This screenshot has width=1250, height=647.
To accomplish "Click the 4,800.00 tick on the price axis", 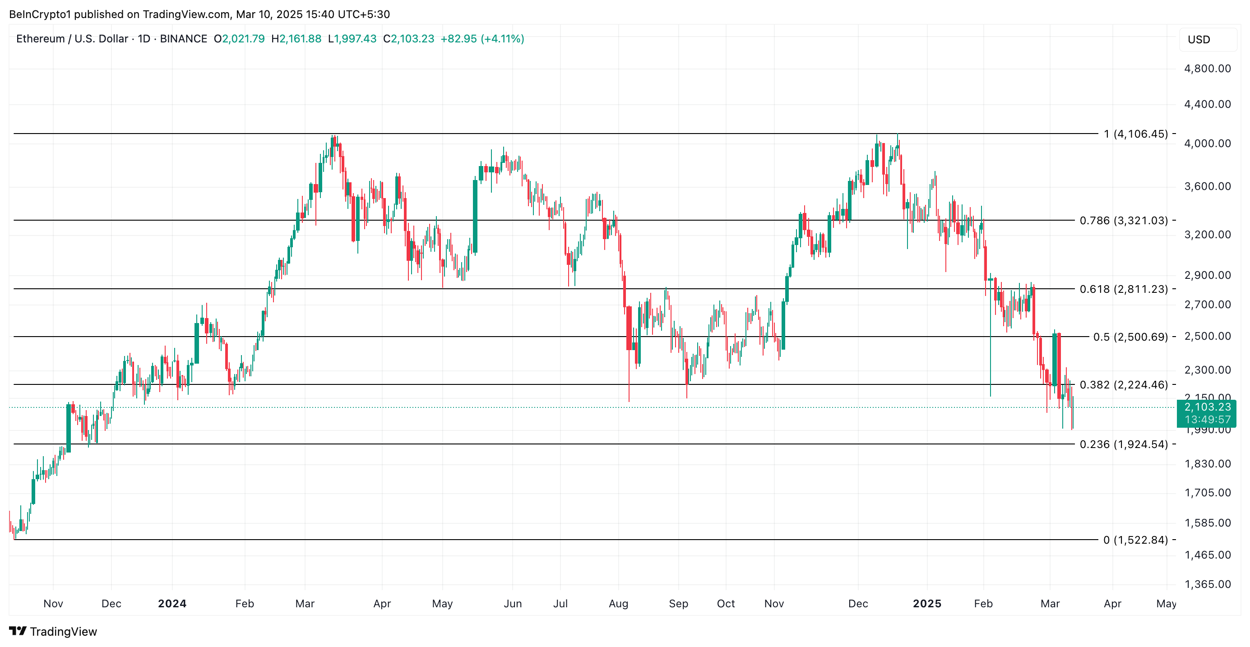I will click(x=1207, y=69).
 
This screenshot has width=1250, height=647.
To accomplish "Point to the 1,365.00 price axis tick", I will click(x=1207, y=584).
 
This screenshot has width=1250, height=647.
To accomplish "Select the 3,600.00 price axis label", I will click(x=1207, y=186).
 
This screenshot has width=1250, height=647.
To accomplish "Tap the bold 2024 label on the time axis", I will click(x=172, y=603).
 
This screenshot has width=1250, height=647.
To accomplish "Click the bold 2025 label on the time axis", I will click(x=927, y=603).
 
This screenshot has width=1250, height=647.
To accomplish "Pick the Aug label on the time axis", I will click(x=618, y=603).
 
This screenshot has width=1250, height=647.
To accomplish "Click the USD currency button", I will click(x=1199, y=40).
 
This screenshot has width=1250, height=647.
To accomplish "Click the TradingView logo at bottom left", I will click(x=53, y=631).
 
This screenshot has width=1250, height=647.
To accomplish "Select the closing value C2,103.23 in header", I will click(x=408, y=39).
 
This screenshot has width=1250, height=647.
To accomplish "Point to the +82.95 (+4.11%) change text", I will click(x=482, y=39).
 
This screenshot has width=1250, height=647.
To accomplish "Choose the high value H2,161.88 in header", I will click(x=296, y=39).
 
